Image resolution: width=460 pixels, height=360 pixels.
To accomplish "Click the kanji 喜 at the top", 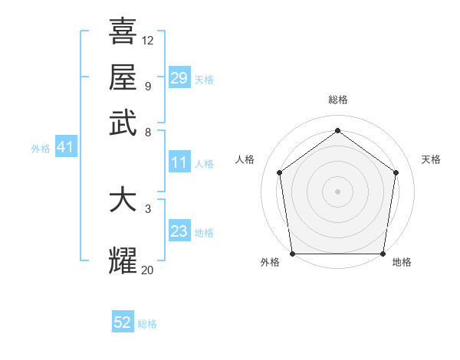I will tap(123, 32).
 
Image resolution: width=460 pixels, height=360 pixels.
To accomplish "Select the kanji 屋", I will tap(123, 77).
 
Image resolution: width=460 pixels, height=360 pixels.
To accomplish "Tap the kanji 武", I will tap(123, 122).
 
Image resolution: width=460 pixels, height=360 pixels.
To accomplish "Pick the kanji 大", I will tap(123, 200).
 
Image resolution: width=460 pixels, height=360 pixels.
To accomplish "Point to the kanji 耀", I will tap(123, 261).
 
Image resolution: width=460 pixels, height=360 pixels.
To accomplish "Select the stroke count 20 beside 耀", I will tap(148, 270).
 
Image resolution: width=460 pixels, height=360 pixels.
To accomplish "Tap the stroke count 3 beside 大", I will tap(148, 208).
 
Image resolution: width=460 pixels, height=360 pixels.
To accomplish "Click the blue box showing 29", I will tap(179, 78).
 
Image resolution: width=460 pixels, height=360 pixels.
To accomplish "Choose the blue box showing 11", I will tap(179, 162).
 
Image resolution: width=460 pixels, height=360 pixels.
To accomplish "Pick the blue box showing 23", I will tap(179, 231).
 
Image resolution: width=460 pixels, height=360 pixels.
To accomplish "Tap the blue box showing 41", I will tap(64, 148).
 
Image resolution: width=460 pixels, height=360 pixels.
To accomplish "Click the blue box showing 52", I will tap(123, 323).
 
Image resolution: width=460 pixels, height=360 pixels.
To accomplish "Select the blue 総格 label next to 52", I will tap(147, 325).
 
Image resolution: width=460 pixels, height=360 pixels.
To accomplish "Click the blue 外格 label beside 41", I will tap(41, 149).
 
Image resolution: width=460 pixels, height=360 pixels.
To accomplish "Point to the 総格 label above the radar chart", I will tap(338, 100).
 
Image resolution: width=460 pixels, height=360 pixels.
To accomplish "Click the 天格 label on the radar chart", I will tap(432, 159).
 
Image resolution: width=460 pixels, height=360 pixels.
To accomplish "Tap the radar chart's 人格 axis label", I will tap(245, 159).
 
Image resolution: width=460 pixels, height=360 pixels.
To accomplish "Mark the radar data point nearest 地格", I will tap(383, 254).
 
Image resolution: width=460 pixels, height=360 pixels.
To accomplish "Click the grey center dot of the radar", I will tap(338, 191).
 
